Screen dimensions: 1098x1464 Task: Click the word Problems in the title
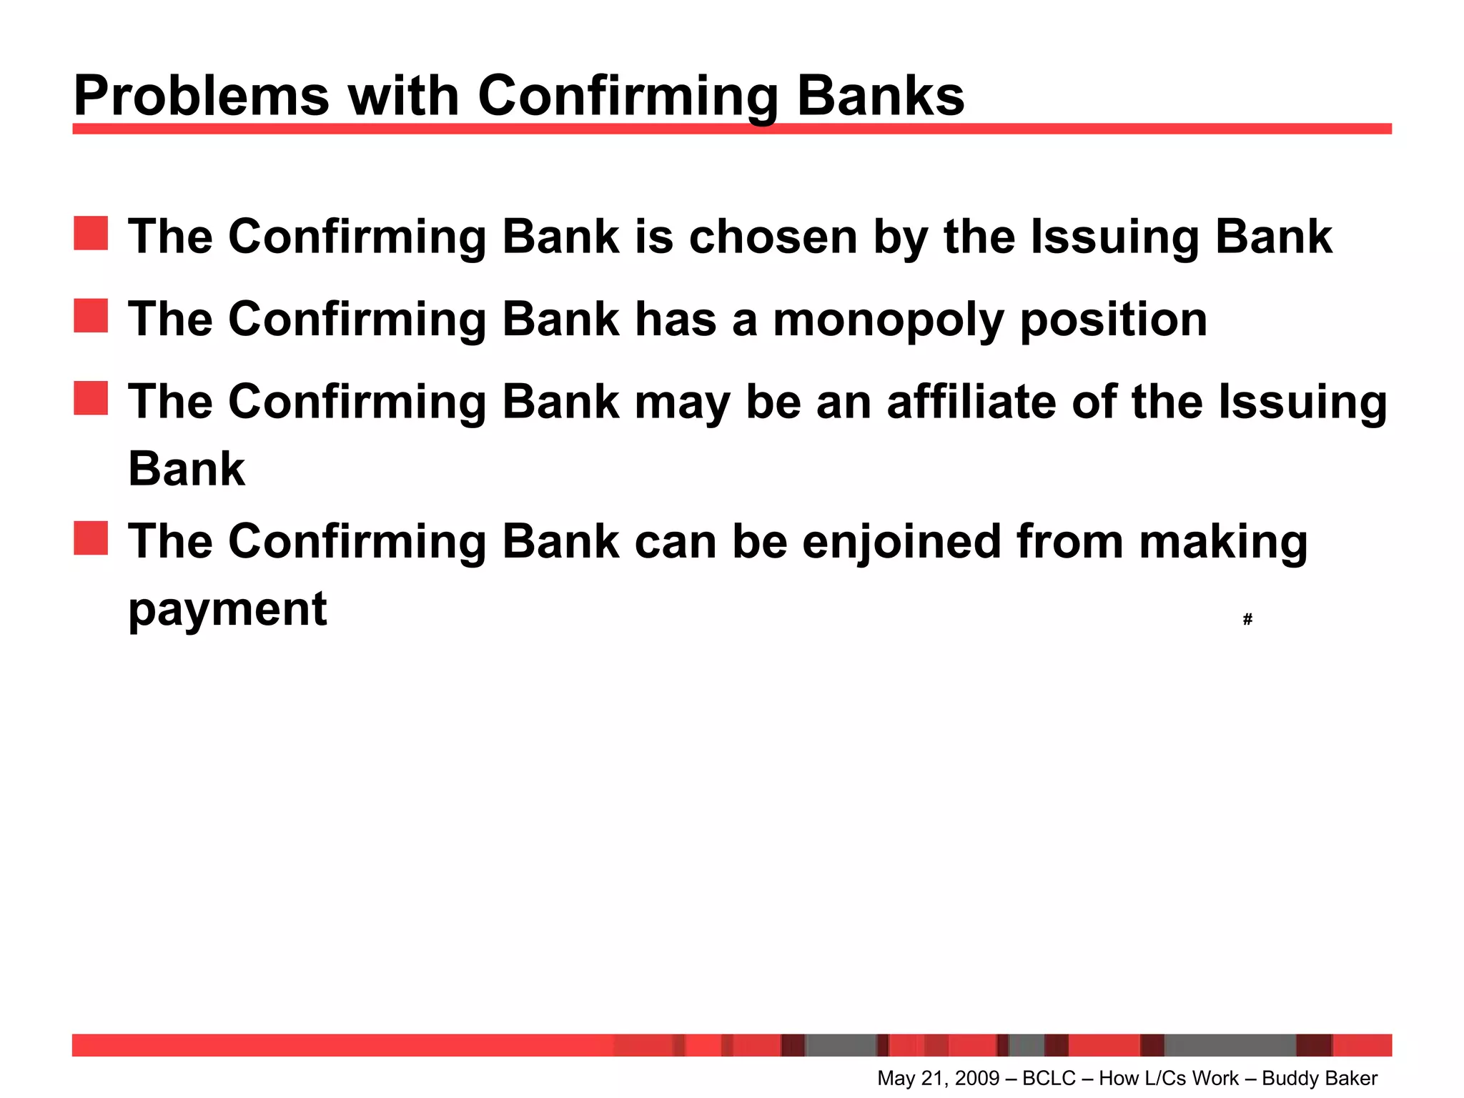pyautogui.click(x=201, y=97)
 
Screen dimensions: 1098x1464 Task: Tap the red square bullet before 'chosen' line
pyautogui.click(x=91, y=234)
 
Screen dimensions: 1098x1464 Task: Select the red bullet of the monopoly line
pyautogui.click(x=91, y=316)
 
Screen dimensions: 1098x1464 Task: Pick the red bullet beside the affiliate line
pyautogui.click(x=91, y=398)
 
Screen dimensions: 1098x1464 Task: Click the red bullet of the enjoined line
pyautogui.click(x=91, y=538)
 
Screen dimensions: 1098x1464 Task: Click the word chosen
pyautogui.click(x=772, y=237)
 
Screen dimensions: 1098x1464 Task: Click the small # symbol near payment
pyautogui.click(x=1247, y=619)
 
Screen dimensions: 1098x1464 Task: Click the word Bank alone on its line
pyautogui.click(x=187, y=470)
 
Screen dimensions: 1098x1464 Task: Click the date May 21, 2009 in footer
pyautogui.click(x=938, y=1078)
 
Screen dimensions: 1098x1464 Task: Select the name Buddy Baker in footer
pyautogui.click(x=1320, y=1078)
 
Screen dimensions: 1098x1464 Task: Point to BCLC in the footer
pyautogui.click(x=1049, y=1078)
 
